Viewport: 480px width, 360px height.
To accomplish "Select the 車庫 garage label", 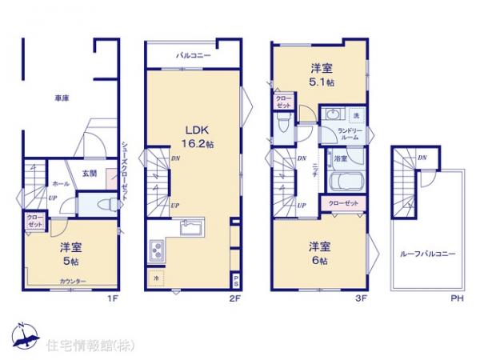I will [61, 98].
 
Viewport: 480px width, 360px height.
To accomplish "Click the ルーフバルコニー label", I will [428, 254].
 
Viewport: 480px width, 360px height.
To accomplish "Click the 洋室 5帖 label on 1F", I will [69, 254].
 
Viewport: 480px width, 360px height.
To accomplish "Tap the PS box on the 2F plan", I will [234, 280].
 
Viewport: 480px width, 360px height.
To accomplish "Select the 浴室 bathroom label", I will [340, 158].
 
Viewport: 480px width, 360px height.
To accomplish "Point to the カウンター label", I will [74, 281].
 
